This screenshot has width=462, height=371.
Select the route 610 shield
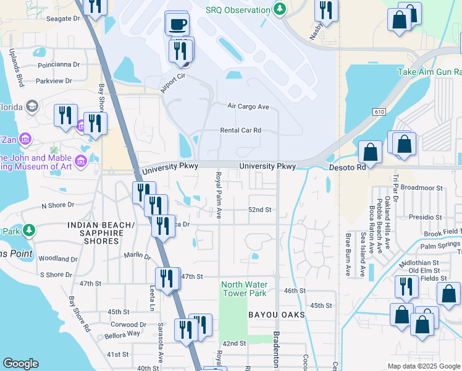point(378,111)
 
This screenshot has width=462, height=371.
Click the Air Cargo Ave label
point(248,107)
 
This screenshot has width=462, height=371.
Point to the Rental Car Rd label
point(241,130)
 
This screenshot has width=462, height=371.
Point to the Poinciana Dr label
point(59,64)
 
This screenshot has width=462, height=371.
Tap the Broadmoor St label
point(422,187)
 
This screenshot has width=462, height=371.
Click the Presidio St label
point(427,217)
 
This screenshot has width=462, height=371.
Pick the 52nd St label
point(260,210)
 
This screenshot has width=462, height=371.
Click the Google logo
point(20,364)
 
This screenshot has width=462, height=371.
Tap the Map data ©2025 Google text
point(423,366)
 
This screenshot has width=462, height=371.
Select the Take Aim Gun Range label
point(429,72)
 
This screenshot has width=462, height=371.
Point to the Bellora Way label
point(126,333)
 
